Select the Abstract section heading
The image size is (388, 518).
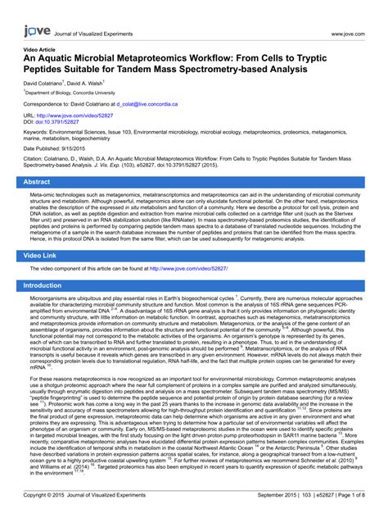coord(43,182)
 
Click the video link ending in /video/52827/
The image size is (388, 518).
coord(187,246)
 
